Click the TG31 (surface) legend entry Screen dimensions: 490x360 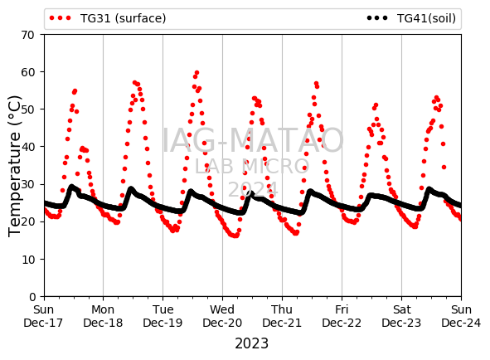[x=108, y=18]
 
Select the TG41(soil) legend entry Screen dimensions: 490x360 [x=411, y=18]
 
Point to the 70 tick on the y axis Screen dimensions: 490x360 [x=27, y=35]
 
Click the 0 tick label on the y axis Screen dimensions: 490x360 [x=32, y=296]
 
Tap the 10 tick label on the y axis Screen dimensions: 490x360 [x=28, y=260]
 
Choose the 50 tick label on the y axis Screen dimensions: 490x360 [x=27, y=109]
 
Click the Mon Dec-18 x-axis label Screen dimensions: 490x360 [x=103, y=316]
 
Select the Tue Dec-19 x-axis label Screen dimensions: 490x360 [x=163, y=316]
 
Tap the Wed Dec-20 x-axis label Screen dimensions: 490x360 [x=222, y=316]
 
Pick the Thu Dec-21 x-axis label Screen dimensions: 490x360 [x=282, y=316]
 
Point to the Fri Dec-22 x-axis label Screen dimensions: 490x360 [x=342, y=316]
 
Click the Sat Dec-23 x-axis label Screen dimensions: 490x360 [x=401, y=316]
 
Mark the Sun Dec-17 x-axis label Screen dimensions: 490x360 [x=43, y=316]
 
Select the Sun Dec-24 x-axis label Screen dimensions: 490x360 [x=461, y=316]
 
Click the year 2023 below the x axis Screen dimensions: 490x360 [x=251, y=343]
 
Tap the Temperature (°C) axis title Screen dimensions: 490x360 [x=15, y=166]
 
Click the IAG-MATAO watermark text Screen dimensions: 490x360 [x=253, y=140]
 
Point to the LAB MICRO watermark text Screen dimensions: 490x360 [x=252, y=166]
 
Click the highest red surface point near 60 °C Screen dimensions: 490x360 [x=196, y=73]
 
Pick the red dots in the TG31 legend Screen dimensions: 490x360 [x=61, y=18]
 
